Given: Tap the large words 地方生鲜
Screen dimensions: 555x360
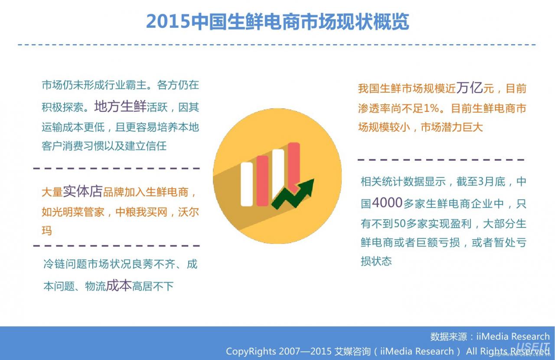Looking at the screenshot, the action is pos(121,107).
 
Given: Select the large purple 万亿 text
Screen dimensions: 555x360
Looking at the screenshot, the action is pos(470,88).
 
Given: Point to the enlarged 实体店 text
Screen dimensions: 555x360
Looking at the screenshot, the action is pos(82,191).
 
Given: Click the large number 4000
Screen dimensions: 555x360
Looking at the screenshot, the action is pos(387,203).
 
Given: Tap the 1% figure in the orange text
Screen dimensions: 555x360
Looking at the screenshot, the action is pos(431,108).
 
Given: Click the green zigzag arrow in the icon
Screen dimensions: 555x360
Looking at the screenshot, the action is pos(293,194).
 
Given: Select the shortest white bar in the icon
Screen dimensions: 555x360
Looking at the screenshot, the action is pos(247,184).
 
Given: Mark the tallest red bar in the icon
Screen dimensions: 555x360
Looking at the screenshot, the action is pos(294,167).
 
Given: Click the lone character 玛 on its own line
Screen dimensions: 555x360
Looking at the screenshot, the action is pos(47,230).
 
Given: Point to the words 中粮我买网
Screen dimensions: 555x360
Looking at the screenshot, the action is pos(141,212).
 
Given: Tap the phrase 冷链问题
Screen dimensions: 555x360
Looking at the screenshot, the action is pos(65,264).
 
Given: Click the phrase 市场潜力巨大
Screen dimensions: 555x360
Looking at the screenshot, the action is pos(452,127).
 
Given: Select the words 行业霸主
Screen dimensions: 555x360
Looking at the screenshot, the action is pos(126,85).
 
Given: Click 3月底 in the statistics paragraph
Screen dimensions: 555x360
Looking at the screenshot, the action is pos(492,182).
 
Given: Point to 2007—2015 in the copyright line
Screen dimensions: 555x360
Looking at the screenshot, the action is pos(305,351).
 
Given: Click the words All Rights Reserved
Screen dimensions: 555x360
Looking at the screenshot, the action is pos(508,351).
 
